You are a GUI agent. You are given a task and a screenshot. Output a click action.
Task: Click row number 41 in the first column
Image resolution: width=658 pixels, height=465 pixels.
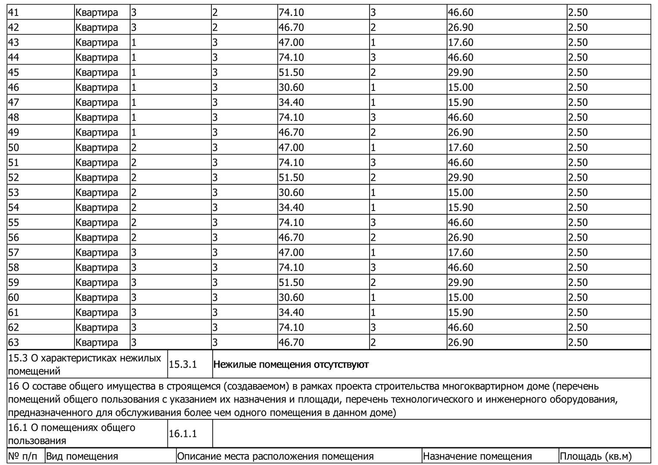(x=13, y=12)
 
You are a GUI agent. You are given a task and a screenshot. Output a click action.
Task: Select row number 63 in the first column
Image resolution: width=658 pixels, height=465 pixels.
(x=13, y=343)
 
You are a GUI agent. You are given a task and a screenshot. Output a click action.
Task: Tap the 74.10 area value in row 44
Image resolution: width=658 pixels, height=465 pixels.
(x=291, y=58)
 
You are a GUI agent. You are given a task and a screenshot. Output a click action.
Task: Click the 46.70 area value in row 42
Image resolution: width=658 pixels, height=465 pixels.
(x=291, y=28)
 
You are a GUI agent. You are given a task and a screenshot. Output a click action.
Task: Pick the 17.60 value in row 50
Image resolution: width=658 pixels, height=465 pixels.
(x=460, y=148)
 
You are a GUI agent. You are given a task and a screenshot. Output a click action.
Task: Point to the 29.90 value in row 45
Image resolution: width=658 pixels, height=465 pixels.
(x=460, y=73)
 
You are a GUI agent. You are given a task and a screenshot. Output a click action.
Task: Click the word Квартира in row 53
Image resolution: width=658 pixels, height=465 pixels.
(x=96, y=193)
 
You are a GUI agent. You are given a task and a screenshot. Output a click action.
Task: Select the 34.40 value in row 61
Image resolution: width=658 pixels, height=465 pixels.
(x=291, y=313)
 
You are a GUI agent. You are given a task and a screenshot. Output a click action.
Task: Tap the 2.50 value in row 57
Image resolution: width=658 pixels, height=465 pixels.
(x=577, y=253)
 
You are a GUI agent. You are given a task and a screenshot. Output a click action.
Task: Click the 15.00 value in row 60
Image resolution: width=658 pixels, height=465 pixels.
(x=460, y=298)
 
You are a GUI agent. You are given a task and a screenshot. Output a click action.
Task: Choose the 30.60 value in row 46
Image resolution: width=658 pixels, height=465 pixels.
(x=291, y=88)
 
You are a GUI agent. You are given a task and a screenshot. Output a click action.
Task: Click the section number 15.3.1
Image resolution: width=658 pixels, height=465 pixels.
(x=183, y=365)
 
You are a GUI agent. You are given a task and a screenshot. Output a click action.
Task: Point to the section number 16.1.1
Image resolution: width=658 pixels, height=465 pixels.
(x=183, y=434)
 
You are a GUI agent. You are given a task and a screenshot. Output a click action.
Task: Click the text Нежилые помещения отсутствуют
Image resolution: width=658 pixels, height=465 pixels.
(x=291, y=365)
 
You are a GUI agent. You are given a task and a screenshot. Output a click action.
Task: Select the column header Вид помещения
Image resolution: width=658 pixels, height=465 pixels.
(x=82, y=456)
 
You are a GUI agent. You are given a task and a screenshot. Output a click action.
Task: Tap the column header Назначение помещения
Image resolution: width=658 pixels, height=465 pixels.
(x=477, y=456)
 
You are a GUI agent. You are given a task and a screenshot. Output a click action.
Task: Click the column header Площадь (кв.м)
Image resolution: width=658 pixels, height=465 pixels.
(x=595, y=456)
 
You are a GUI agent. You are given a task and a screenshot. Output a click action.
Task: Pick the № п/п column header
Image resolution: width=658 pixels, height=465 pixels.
(x=23, y=456)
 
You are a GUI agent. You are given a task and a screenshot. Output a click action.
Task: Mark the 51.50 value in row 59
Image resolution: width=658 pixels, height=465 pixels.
(x=291, y=283)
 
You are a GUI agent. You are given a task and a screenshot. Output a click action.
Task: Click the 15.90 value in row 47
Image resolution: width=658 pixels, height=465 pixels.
(x=460, y=103)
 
